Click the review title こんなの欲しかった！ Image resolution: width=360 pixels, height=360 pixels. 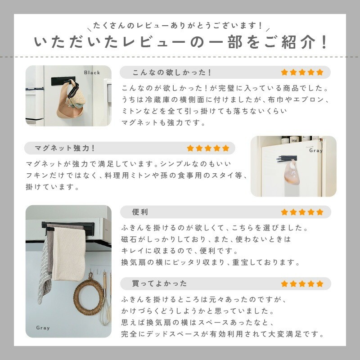172,72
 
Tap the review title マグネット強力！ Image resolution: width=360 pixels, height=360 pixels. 65,148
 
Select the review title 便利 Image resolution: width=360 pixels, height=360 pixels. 140,212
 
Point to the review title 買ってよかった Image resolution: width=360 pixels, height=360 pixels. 159,283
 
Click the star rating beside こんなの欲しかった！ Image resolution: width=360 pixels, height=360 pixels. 302,72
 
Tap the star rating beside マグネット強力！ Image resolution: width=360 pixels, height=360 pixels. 208,148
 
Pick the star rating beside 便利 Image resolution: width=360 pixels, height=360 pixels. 302,212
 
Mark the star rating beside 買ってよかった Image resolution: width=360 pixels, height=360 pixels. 302,283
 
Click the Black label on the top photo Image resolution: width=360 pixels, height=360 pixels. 92,72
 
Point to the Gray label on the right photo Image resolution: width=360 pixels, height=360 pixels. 315,151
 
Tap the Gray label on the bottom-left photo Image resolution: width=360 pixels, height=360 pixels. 43,328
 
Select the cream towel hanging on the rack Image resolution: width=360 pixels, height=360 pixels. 68,254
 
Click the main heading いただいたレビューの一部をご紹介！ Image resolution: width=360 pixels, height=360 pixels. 180,43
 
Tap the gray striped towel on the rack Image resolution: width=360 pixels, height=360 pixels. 46,265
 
